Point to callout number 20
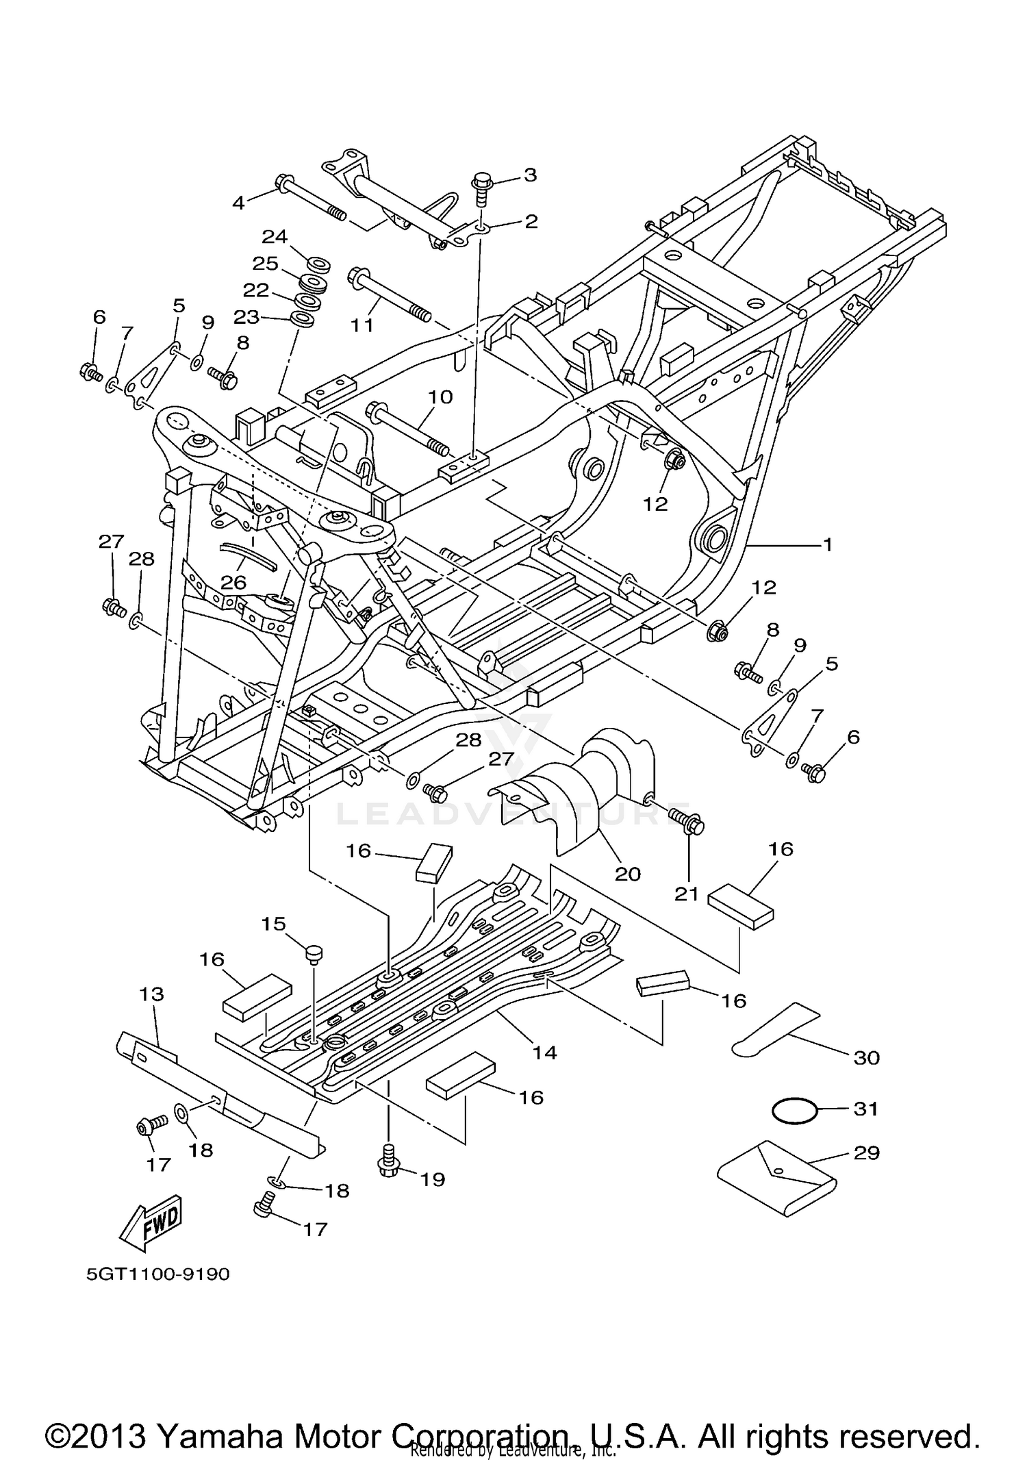point(628,874)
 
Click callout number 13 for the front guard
point(151,994)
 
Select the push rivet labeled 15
point(314,953)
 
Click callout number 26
point(233,582)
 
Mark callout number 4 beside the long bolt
point(238,202)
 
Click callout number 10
point(440,396)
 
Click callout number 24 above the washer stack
point(275,237)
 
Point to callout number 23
point(246,317)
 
